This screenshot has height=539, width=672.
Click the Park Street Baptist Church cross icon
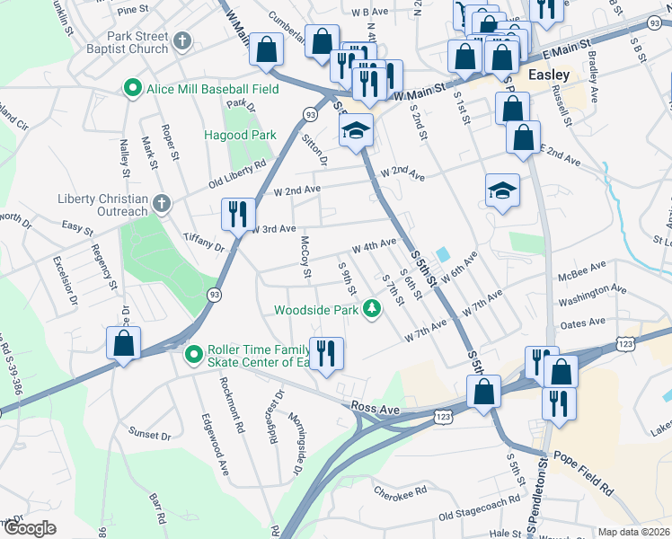(x=182, y=40)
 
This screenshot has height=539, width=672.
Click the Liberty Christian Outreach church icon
(x=161, y=204)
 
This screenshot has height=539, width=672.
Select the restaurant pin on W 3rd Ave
(x=235, y=214)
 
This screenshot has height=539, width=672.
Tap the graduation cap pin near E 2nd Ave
(x=502, y=190)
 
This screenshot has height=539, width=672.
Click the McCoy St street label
(x=305, y=256)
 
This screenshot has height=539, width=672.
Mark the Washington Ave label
(x=590, y=293)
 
